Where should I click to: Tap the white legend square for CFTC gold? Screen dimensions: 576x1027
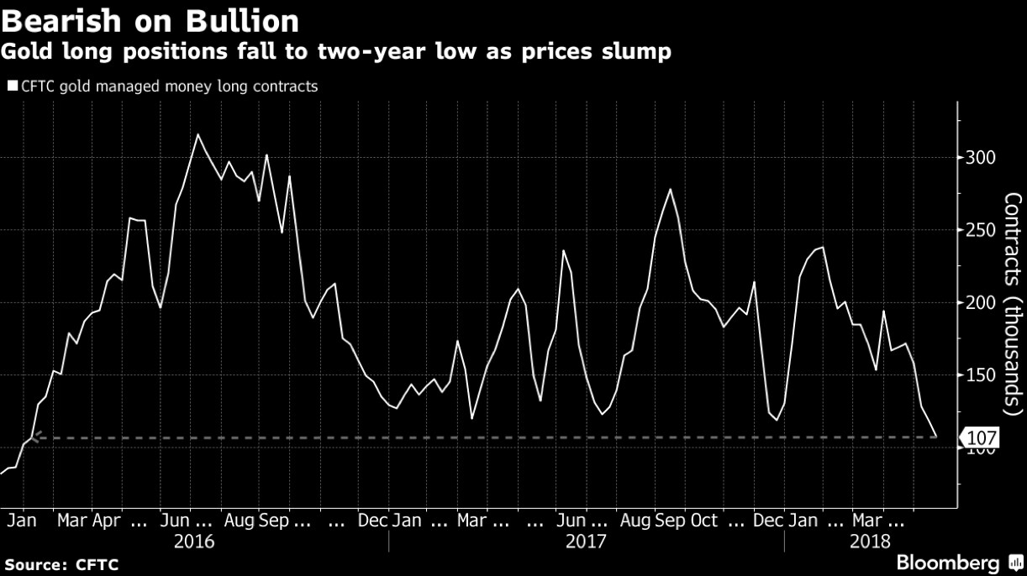(x=12, y=86)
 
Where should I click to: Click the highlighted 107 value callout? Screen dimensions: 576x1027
(x=982, y=437)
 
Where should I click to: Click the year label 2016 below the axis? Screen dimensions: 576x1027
(x=194, y=542)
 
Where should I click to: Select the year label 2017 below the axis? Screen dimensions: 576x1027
(x=585, y=542)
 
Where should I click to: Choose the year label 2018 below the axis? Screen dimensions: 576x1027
(x=870, y=542)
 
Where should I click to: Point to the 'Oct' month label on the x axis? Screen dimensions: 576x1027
(x=703, y=521)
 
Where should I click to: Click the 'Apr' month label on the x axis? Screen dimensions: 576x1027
(x=105, y=521)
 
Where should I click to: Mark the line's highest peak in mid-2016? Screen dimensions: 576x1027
(x=197, y=134)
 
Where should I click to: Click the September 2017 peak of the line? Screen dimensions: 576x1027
(x=670, y=189)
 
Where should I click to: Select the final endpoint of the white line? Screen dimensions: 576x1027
(x=935, y=436)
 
